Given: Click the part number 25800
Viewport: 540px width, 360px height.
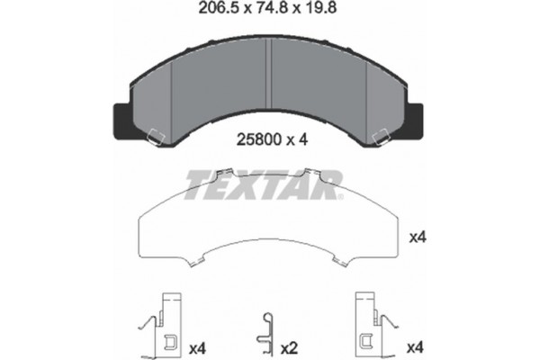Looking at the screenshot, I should click(x=255, y=139).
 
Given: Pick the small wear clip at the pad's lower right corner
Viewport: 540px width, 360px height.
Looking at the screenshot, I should click(x=381, y=136).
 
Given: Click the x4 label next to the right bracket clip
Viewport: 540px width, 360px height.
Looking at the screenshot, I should click(x=416, y=346).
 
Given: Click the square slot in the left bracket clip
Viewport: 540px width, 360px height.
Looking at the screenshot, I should click(x=168, y=340).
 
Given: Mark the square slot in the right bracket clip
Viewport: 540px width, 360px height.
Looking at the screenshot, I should click(x=366, y=340).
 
